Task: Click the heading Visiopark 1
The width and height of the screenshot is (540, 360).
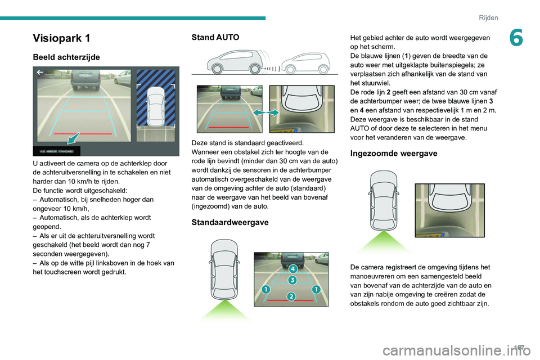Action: coord(61,38)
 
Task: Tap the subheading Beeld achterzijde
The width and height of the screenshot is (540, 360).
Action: coord(66,57)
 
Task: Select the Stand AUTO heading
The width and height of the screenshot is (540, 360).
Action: coord(215,37)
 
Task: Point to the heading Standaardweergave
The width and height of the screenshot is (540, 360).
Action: coord(230,222)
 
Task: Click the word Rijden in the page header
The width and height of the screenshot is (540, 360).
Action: coord(488,17)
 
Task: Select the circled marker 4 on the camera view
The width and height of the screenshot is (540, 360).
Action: coord(292,269)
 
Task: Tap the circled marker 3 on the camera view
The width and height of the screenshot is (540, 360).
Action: coord(292,280)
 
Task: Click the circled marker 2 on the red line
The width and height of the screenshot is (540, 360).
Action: coord(291,296)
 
